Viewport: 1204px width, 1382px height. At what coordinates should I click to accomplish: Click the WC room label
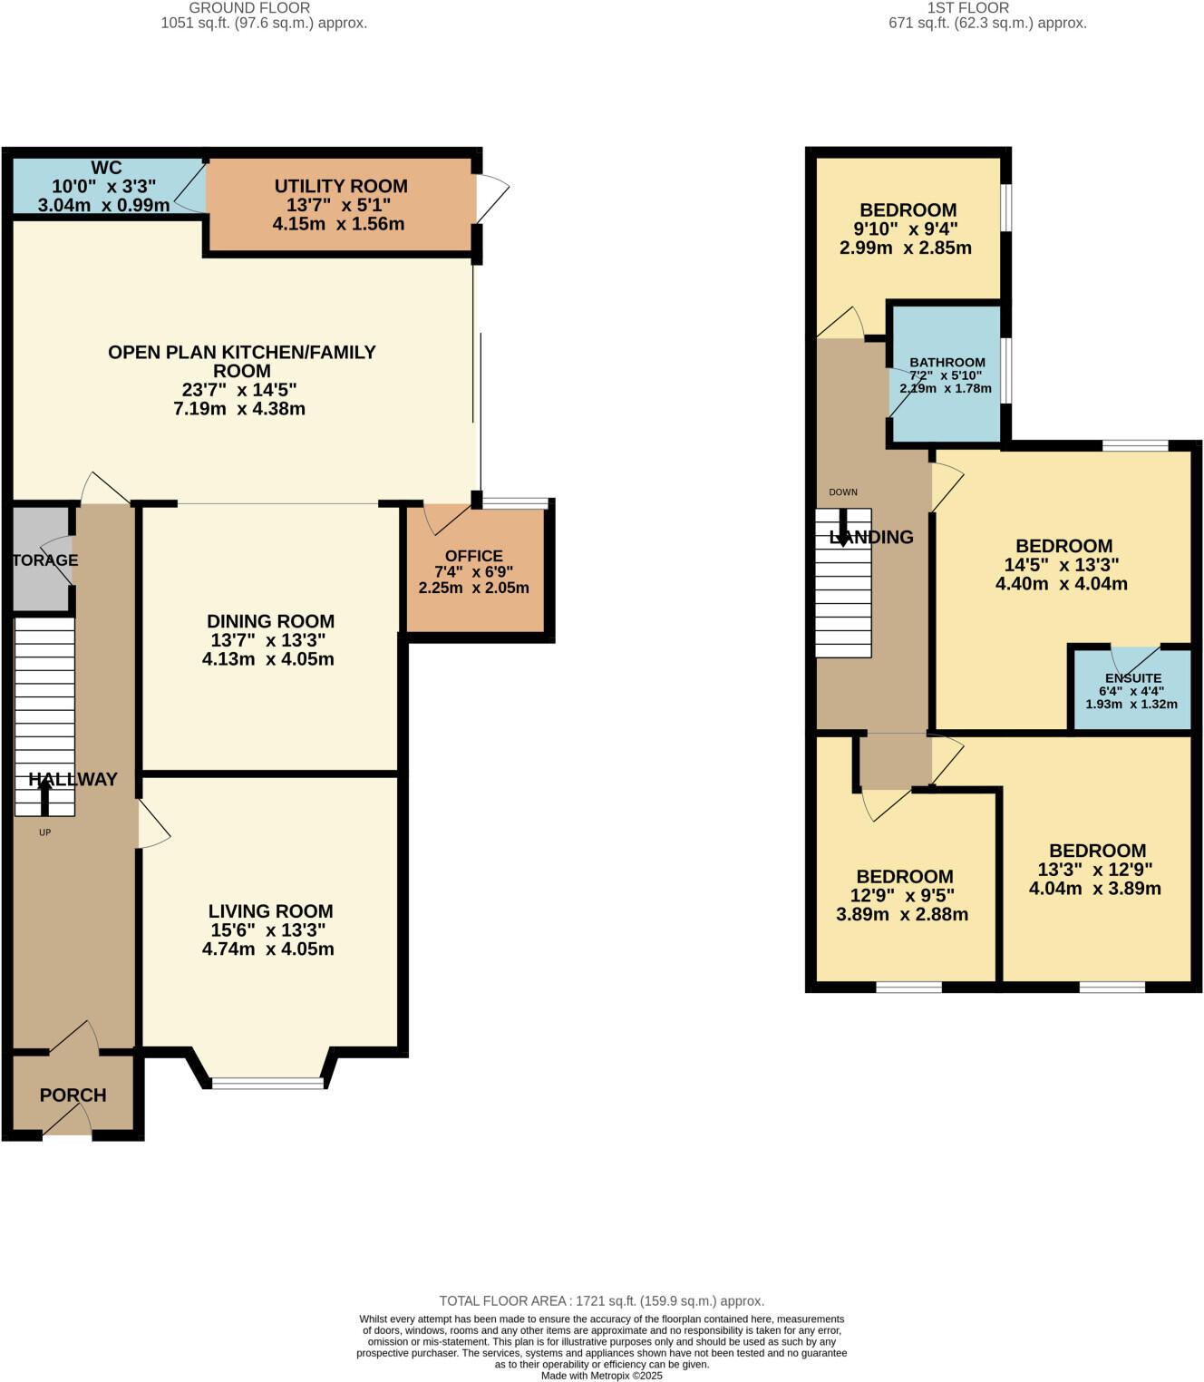click(106, 168)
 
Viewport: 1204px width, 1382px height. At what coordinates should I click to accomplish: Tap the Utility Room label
click(341, 186)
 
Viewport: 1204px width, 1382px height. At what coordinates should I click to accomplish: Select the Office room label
click(473, 556)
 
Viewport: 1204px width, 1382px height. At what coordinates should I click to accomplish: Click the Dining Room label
click(270, 621)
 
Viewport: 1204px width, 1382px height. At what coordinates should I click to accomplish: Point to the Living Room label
click(270, 911)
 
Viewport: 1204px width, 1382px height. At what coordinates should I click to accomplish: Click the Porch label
click(73, 1095)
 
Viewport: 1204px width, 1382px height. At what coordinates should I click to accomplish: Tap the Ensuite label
click(1132, 678)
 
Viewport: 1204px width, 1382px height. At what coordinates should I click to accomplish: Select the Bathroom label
click(947, 362)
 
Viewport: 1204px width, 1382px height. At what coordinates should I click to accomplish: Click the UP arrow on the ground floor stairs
click(44, 798)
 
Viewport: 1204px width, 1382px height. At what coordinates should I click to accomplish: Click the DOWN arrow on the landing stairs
click(843, 526)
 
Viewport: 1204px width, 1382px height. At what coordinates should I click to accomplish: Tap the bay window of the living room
click(267, 1082)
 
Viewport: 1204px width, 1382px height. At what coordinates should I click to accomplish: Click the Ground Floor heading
click(249, 8)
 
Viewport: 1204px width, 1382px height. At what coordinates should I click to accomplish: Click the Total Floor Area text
click(601, 1300)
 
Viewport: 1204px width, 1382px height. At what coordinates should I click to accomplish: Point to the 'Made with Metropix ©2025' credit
click(601, 1376)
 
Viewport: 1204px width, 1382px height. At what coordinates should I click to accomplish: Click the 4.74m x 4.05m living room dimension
click(267, 949)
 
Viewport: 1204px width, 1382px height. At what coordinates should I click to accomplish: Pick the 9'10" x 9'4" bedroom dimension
click(907, 229)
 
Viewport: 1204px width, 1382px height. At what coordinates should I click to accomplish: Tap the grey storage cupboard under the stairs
click(41, 560)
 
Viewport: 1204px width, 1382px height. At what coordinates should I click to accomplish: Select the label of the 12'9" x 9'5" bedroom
click(904, 877)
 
